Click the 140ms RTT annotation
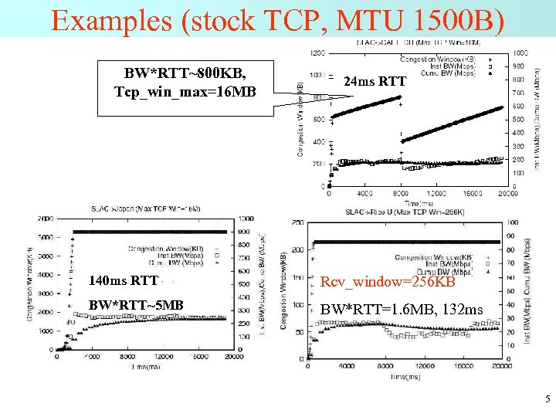[124, 280]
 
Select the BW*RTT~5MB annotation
[136, 305]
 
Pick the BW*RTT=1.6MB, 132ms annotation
[402, 310]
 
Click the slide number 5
[547, 399]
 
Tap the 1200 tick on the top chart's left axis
[317, 53]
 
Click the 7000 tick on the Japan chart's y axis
[44, 219]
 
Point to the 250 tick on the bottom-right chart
[296, 223]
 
